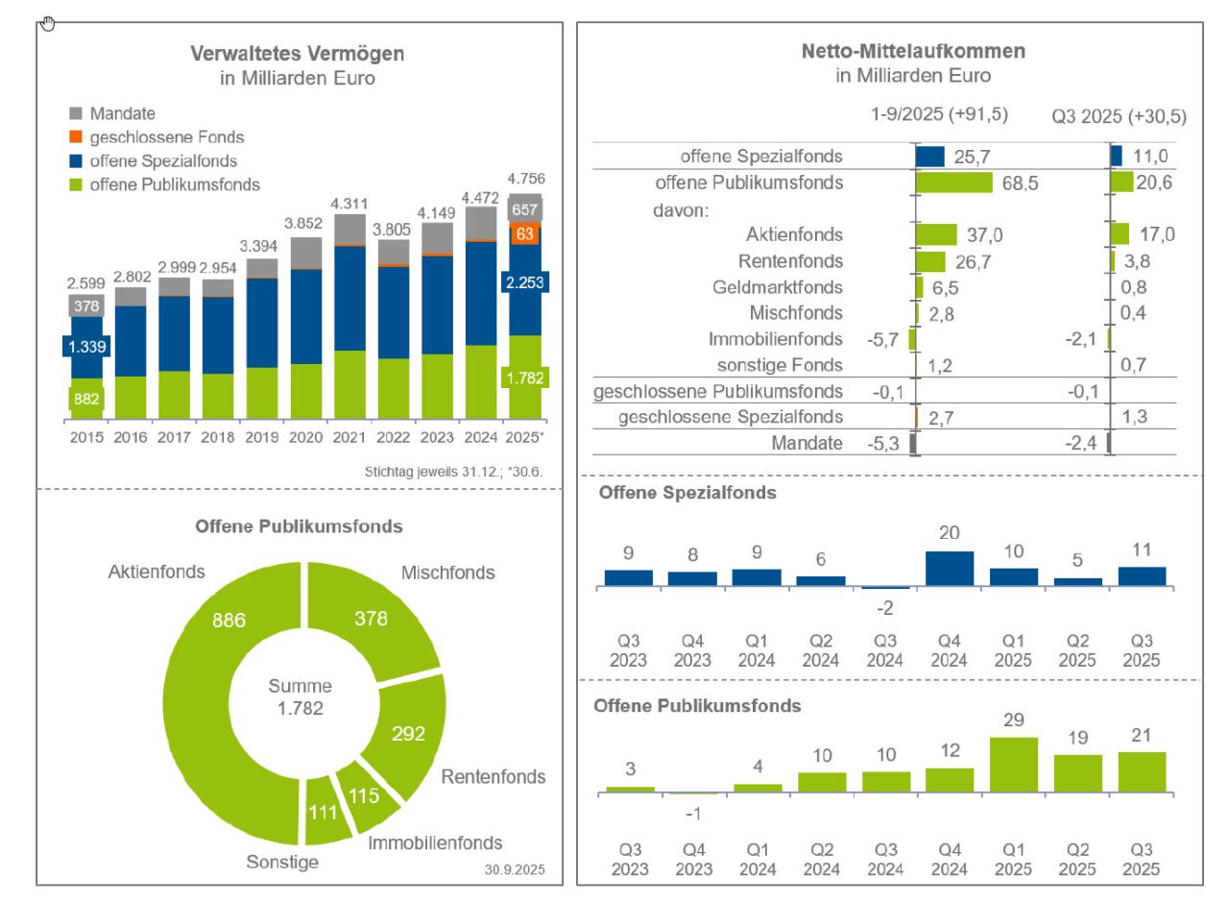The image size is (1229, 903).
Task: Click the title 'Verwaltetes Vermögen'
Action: (x=297, y=54)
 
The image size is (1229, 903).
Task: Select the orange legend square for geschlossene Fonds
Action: (x=76, y=137)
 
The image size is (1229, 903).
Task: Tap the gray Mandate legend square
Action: (x=76, y=113)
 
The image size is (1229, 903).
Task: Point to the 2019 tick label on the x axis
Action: (x=262, y=437)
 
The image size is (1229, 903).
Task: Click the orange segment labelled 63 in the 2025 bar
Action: (x=525, y=232)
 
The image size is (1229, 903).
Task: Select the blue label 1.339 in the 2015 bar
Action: (x=87, y=347)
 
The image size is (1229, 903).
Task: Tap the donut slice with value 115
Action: (x=364, y=796)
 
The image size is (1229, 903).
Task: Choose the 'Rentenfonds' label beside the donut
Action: (x=493, y=776)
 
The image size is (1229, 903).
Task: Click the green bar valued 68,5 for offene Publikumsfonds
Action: (x=953, y=183)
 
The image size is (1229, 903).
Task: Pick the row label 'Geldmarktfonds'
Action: (x=778, y=287)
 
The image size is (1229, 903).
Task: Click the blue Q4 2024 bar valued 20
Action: (x=949, y=569)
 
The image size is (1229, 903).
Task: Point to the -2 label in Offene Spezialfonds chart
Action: (x=884, y=608)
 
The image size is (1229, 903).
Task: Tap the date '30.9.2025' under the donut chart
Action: (x=515, y=869)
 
